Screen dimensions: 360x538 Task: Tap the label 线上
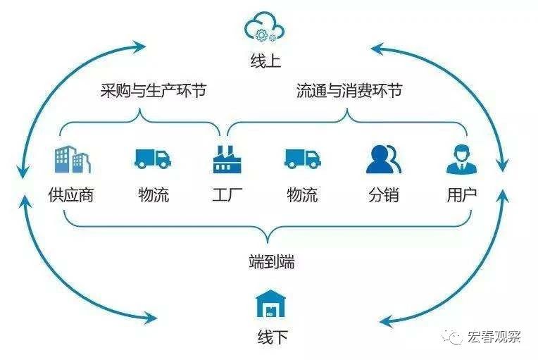[265, 61]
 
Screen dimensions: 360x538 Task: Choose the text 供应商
[70, 194]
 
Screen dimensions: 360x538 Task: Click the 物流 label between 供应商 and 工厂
[154, 194]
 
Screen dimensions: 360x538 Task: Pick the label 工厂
[227, 194]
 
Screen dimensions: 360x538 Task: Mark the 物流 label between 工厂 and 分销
[302, 194]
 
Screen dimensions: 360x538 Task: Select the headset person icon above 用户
[461, 159]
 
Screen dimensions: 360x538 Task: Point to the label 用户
[461, 194]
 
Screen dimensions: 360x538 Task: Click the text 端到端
[271, 263]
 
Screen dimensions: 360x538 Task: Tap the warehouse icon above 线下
[271, 304]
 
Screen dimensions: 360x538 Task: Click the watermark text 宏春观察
[494, 337]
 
